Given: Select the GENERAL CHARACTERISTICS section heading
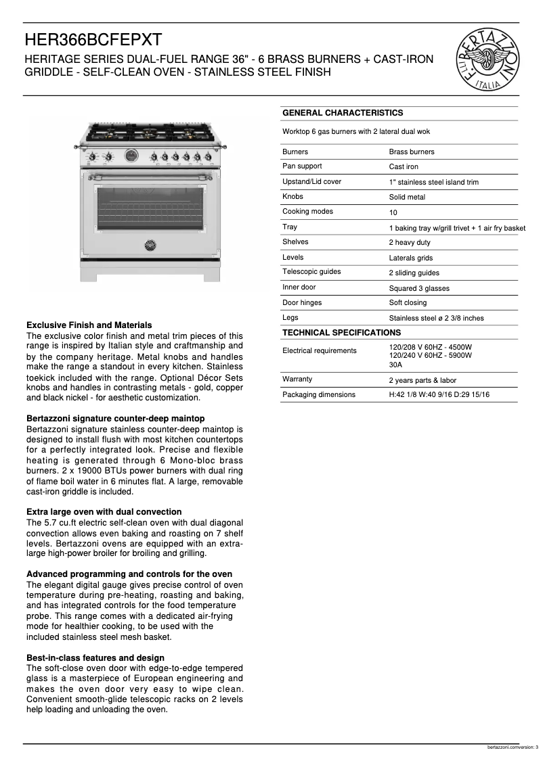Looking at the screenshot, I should click(343, 113).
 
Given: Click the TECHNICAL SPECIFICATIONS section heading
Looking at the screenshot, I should click(341, 333).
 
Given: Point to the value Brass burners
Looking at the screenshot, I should click(412, 152).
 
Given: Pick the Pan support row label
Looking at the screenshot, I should click(302, 166).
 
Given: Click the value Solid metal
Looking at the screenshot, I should click(407, 197).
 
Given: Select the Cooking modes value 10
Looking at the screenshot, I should click(393, 212).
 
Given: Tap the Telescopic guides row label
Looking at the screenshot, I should click(311, 272).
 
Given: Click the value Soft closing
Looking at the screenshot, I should click(408, 303).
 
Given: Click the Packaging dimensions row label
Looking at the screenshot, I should click(318, 394).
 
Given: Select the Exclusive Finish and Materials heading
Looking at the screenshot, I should click(89, 325).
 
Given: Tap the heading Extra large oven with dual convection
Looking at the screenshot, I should click(104, 512).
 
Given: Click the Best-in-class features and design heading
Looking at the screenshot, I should click(95, 658).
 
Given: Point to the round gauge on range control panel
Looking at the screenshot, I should click(131, 156).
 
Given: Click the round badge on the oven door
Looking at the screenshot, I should click(150, 244).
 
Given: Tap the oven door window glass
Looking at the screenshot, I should click(150, 208).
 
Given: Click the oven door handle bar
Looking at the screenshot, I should click(150, 178).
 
